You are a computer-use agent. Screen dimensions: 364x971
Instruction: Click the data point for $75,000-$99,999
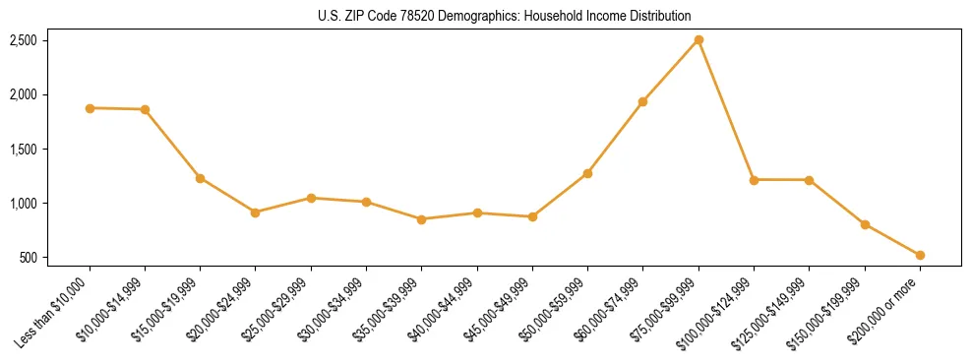point(698,40)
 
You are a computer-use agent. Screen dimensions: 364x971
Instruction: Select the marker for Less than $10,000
point(90,108)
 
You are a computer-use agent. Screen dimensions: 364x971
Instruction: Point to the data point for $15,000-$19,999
point(200,178)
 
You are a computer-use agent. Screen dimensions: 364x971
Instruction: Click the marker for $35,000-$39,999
point(421,219)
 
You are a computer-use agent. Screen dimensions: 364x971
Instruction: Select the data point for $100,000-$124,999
point(754,180)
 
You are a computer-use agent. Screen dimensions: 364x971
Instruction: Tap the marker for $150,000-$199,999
point(865,224)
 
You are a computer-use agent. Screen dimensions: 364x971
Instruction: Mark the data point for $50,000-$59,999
point(587,173)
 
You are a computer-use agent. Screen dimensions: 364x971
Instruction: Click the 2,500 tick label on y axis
point(24,40)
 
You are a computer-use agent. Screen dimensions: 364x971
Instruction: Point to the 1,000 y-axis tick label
point(24,204)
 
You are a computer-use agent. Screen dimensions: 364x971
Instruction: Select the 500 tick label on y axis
point(29,258)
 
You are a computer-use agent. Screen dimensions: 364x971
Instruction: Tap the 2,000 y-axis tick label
point(24,94)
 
